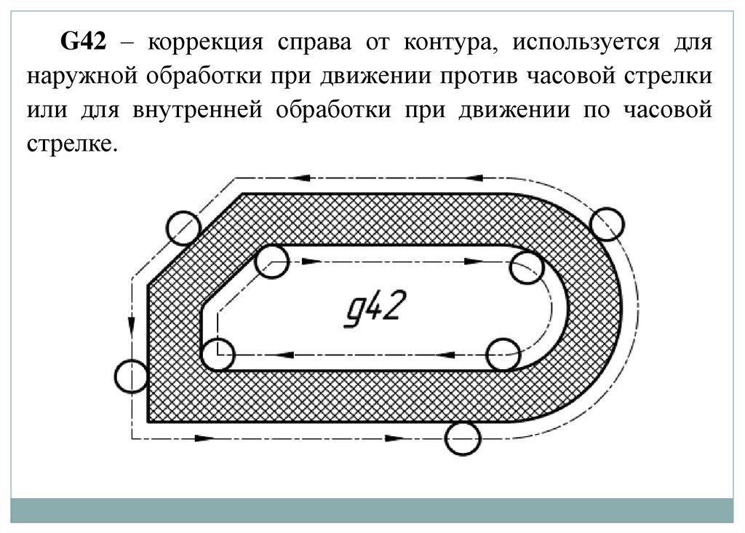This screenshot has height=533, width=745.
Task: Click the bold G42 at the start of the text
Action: click(84, 42)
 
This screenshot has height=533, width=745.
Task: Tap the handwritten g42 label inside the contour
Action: click(372, 309)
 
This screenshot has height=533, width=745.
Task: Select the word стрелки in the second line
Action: click(670, 78)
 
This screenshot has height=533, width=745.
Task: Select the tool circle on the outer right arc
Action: click(607, 224)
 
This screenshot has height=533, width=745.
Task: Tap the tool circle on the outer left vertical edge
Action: click(132, 376)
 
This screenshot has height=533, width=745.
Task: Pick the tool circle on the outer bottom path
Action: click(463, 439)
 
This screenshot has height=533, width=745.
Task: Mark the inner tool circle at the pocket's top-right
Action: click(526, 267)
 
